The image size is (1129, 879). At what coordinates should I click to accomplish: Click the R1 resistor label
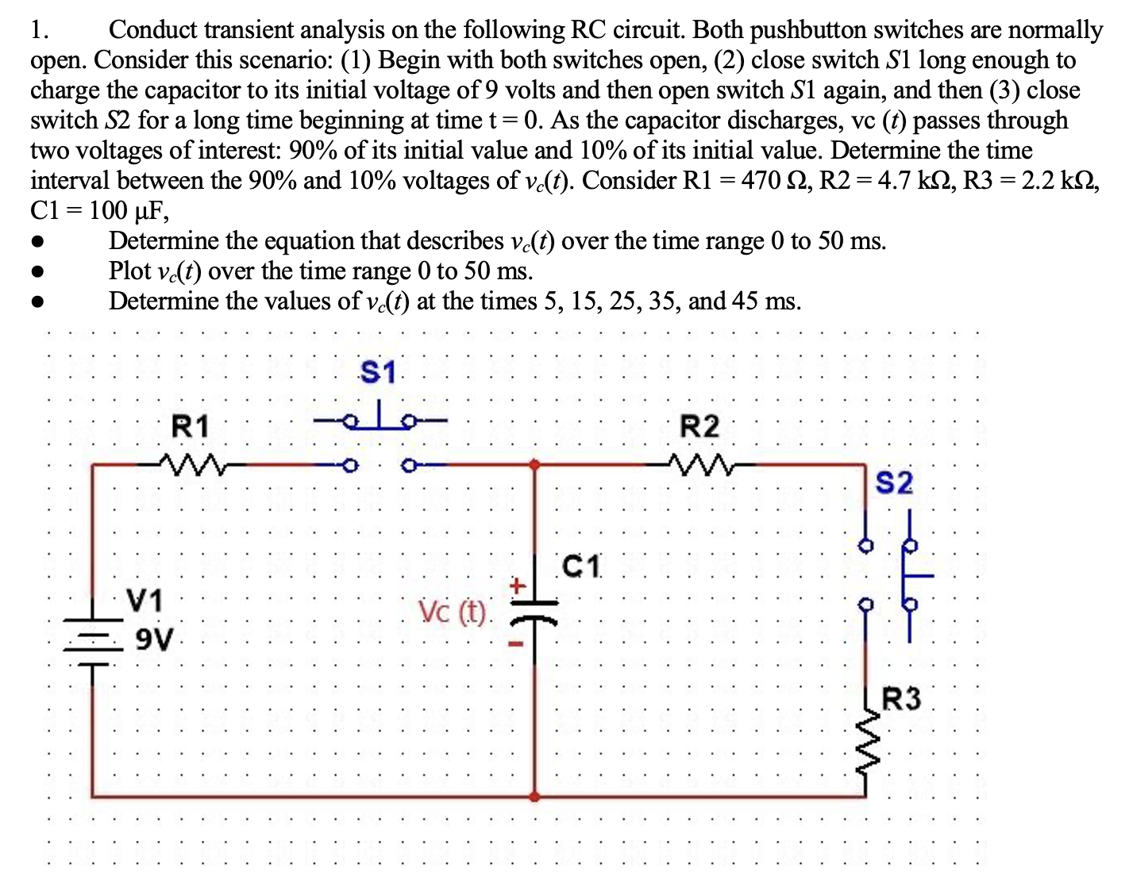point(191,427)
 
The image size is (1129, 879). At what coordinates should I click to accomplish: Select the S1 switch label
point(377,371)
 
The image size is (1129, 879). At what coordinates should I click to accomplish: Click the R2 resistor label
point(699,427)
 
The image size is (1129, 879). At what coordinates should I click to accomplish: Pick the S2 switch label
point(894,482)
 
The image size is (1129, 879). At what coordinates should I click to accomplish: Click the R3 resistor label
point(902,700)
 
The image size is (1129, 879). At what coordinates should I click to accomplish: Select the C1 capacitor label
point(582,567)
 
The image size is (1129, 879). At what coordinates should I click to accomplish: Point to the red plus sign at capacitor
point(517,586)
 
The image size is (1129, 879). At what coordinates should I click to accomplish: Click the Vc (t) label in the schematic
point(452,612)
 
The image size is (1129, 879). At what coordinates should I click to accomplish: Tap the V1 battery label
point(145,601)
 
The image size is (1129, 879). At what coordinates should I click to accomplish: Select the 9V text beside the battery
point(154,638)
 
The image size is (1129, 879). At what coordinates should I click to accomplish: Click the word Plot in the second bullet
point(129,271)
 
